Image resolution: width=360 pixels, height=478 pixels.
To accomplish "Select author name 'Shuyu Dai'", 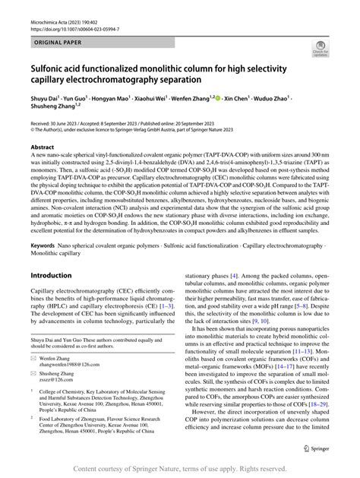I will [x=46, y=99].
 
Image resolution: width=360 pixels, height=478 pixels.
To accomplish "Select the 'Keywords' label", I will [x=45, y=247].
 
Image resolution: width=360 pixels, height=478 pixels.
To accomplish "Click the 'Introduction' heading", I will [x=55, y=275].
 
